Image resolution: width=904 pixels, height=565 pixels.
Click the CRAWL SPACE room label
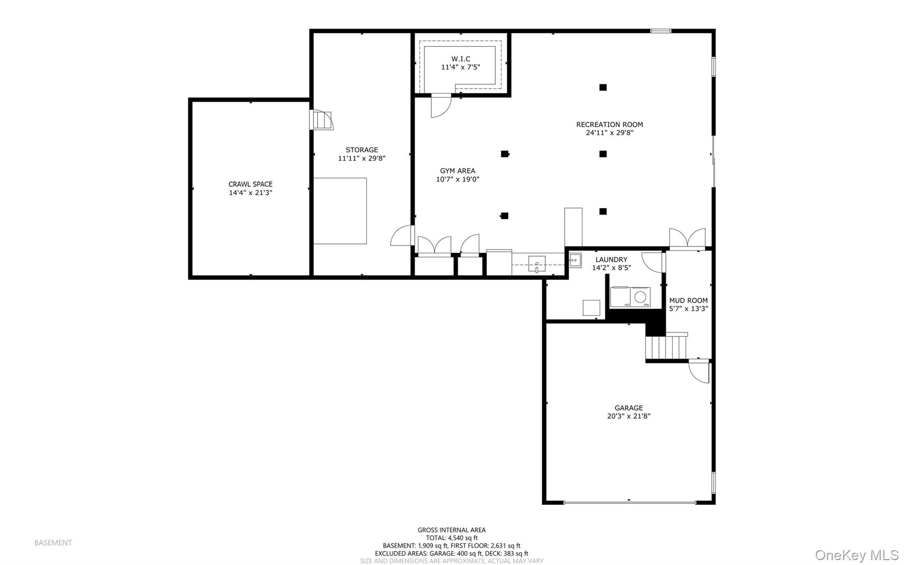click(250, 184)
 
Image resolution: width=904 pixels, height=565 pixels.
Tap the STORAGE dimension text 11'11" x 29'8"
click(362, 158)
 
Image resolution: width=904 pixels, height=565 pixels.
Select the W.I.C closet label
click(460, 59)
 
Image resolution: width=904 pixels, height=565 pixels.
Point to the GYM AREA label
click(457, 171)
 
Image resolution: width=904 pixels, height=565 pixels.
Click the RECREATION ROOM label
click(609, 125)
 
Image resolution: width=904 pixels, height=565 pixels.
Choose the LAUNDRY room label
click(611, 260)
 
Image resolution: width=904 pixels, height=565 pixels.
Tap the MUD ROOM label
click(688, 300)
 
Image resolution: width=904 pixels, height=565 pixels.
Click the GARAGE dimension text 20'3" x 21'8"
click(629, 416)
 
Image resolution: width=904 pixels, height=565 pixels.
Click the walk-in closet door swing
click(441, 106)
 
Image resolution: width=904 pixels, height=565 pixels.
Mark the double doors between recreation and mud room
click(687, 238)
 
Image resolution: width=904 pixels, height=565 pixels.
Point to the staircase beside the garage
click(666, 347)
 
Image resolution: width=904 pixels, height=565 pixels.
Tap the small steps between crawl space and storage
click(322, 120)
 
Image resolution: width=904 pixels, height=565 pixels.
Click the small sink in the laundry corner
click(574, 261)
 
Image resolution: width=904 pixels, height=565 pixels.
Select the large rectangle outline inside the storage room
click(340, 211)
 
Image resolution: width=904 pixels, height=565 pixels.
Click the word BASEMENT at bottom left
click(53, 543)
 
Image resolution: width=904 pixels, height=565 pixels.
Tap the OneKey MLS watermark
click(856, 555)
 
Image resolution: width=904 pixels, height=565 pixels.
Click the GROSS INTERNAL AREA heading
click(452, 530)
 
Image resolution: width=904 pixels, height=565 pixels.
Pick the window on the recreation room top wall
click(661, 31)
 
